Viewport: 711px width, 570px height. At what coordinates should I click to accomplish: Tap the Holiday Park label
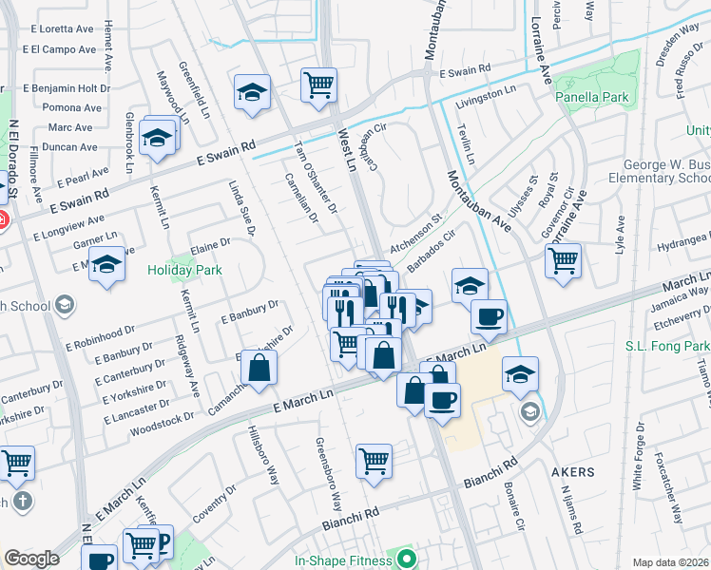(184, 270)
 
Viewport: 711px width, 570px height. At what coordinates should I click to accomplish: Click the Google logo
(31, 559)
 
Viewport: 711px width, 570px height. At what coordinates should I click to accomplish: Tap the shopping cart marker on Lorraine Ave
(564, 258)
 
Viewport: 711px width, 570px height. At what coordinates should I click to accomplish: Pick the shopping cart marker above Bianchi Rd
(375, 462)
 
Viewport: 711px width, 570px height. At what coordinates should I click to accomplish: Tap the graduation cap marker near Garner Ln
(107, 265)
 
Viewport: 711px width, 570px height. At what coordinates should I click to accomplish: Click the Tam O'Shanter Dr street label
(316, 176)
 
